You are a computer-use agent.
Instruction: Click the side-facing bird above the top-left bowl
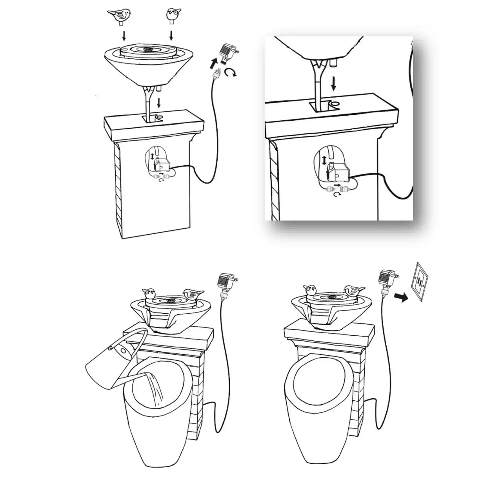point(119,15)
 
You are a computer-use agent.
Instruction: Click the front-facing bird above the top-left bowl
point(171,14)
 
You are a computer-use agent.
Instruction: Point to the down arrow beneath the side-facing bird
point(124,36)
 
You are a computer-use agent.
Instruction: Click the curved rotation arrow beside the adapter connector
point(232,72)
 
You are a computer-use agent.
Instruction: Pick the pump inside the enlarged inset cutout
point(338,171)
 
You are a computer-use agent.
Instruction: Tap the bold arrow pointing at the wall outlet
point(401,297)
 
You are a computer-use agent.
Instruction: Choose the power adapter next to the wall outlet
point(386,279)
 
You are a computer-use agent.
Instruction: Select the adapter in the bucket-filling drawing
point(225,283)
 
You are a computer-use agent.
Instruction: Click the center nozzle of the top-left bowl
point(148,49)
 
